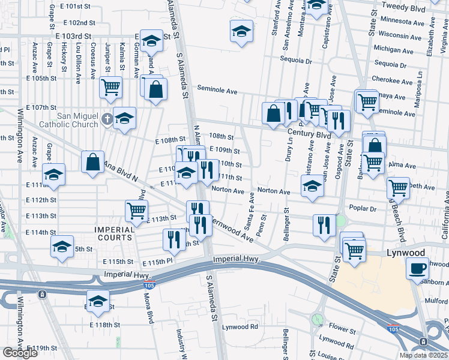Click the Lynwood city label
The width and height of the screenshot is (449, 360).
406,253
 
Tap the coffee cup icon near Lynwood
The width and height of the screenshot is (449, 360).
418,269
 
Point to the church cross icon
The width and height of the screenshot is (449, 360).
106,118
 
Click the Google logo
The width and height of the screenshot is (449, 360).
20,353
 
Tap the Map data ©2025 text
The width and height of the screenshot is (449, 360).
423,355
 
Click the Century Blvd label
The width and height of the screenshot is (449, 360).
309,136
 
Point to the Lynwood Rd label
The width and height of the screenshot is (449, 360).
240,327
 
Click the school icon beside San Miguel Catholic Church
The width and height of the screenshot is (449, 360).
125,118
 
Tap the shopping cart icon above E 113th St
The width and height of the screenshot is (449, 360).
137,211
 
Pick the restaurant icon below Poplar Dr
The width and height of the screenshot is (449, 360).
324,225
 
